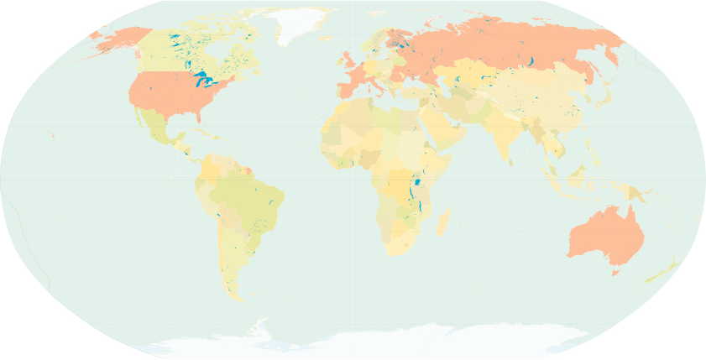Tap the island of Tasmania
click(616, 271)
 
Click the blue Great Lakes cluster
click(203, 81)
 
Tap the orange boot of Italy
click(379, 81)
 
